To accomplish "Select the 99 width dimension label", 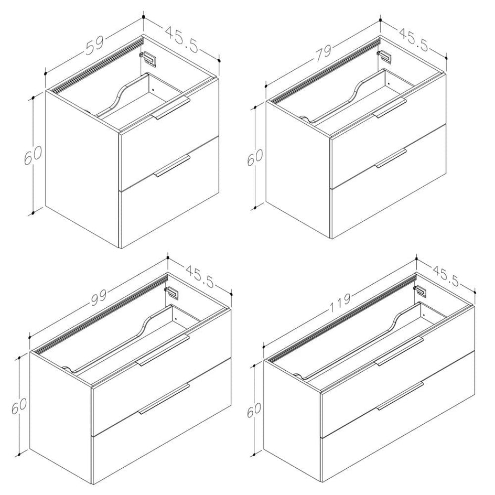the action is pyautogui.click(x=99, y=298).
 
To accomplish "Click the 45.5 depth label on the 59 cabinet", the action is pyautogui.click(x=181, y=39).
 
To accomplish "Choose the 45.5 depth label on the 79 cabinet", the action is pyautogui.click(x=414, y=40).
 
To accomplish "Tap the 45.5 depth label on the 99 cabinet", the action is pyautogui.click(x=200, y=276).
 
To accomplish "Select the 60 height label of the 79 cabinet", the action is pyautogui.click(x=255, y=157).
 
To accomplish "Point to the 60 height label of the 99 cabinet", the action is pyautogui.click(x=19, y=404).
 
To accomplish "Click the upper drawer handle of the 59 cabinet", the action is pyautogui.click(x=171, y=109).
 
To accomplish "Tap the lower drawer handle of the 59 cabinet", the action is pyautogui.click(x=172, y=165).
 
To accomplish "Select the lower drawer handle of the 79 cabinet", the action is pyautogui.click(x=391, y=158).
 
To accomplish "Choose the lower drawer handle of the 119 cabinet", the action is pyautogui.click(x=400, y=396).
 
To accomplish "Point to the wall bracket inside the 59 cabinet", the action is pyautogui.click(x=148, y=59).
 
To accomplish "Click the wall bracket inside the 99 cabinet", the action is pyautogui.click(x=172, y=292).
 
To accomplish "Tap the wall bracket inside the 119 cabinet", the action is pyautogui.click(x=421, y=290).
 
